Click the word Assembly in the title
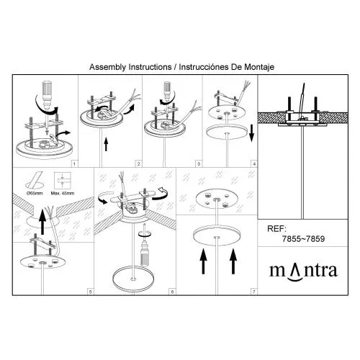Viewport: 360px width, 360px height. click(107, 67)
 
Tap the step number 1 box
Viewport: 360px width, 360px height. click(74, 164)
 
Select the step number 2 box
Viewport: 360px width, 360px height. click(138, 164)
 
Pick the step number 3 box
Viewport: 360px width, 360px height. click(199, 164)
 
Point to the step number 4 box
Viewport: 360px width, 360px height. click(254, 164)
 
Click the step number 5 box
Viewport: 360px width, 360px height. click(91, 292)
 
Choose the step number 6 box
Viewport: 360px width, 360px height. click(172, 292)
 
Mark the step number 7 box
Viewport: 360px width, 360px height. click(254, 292)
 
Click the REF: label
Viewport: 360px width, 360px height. click(276, 228)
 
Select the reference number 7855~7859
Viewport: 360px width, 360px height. click(303, 239)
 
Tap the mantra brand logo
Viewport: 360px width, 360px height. click(304, 272)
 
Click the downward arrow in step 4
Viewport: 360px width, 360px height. click(251, 133)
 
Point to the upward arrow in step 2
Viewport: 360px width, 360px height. click(106, 145)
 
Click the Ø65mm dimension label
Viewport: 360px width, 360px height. click(35, 193)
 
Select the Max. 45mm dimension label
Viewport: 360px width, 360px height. click(63, 193)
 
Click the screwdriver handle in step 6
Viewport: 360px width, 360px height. click(144, 258)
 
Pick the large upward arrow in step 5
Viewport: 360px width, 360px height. click(42, 221)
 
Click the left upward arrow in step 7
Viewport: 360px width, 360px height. click(203, 261)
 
